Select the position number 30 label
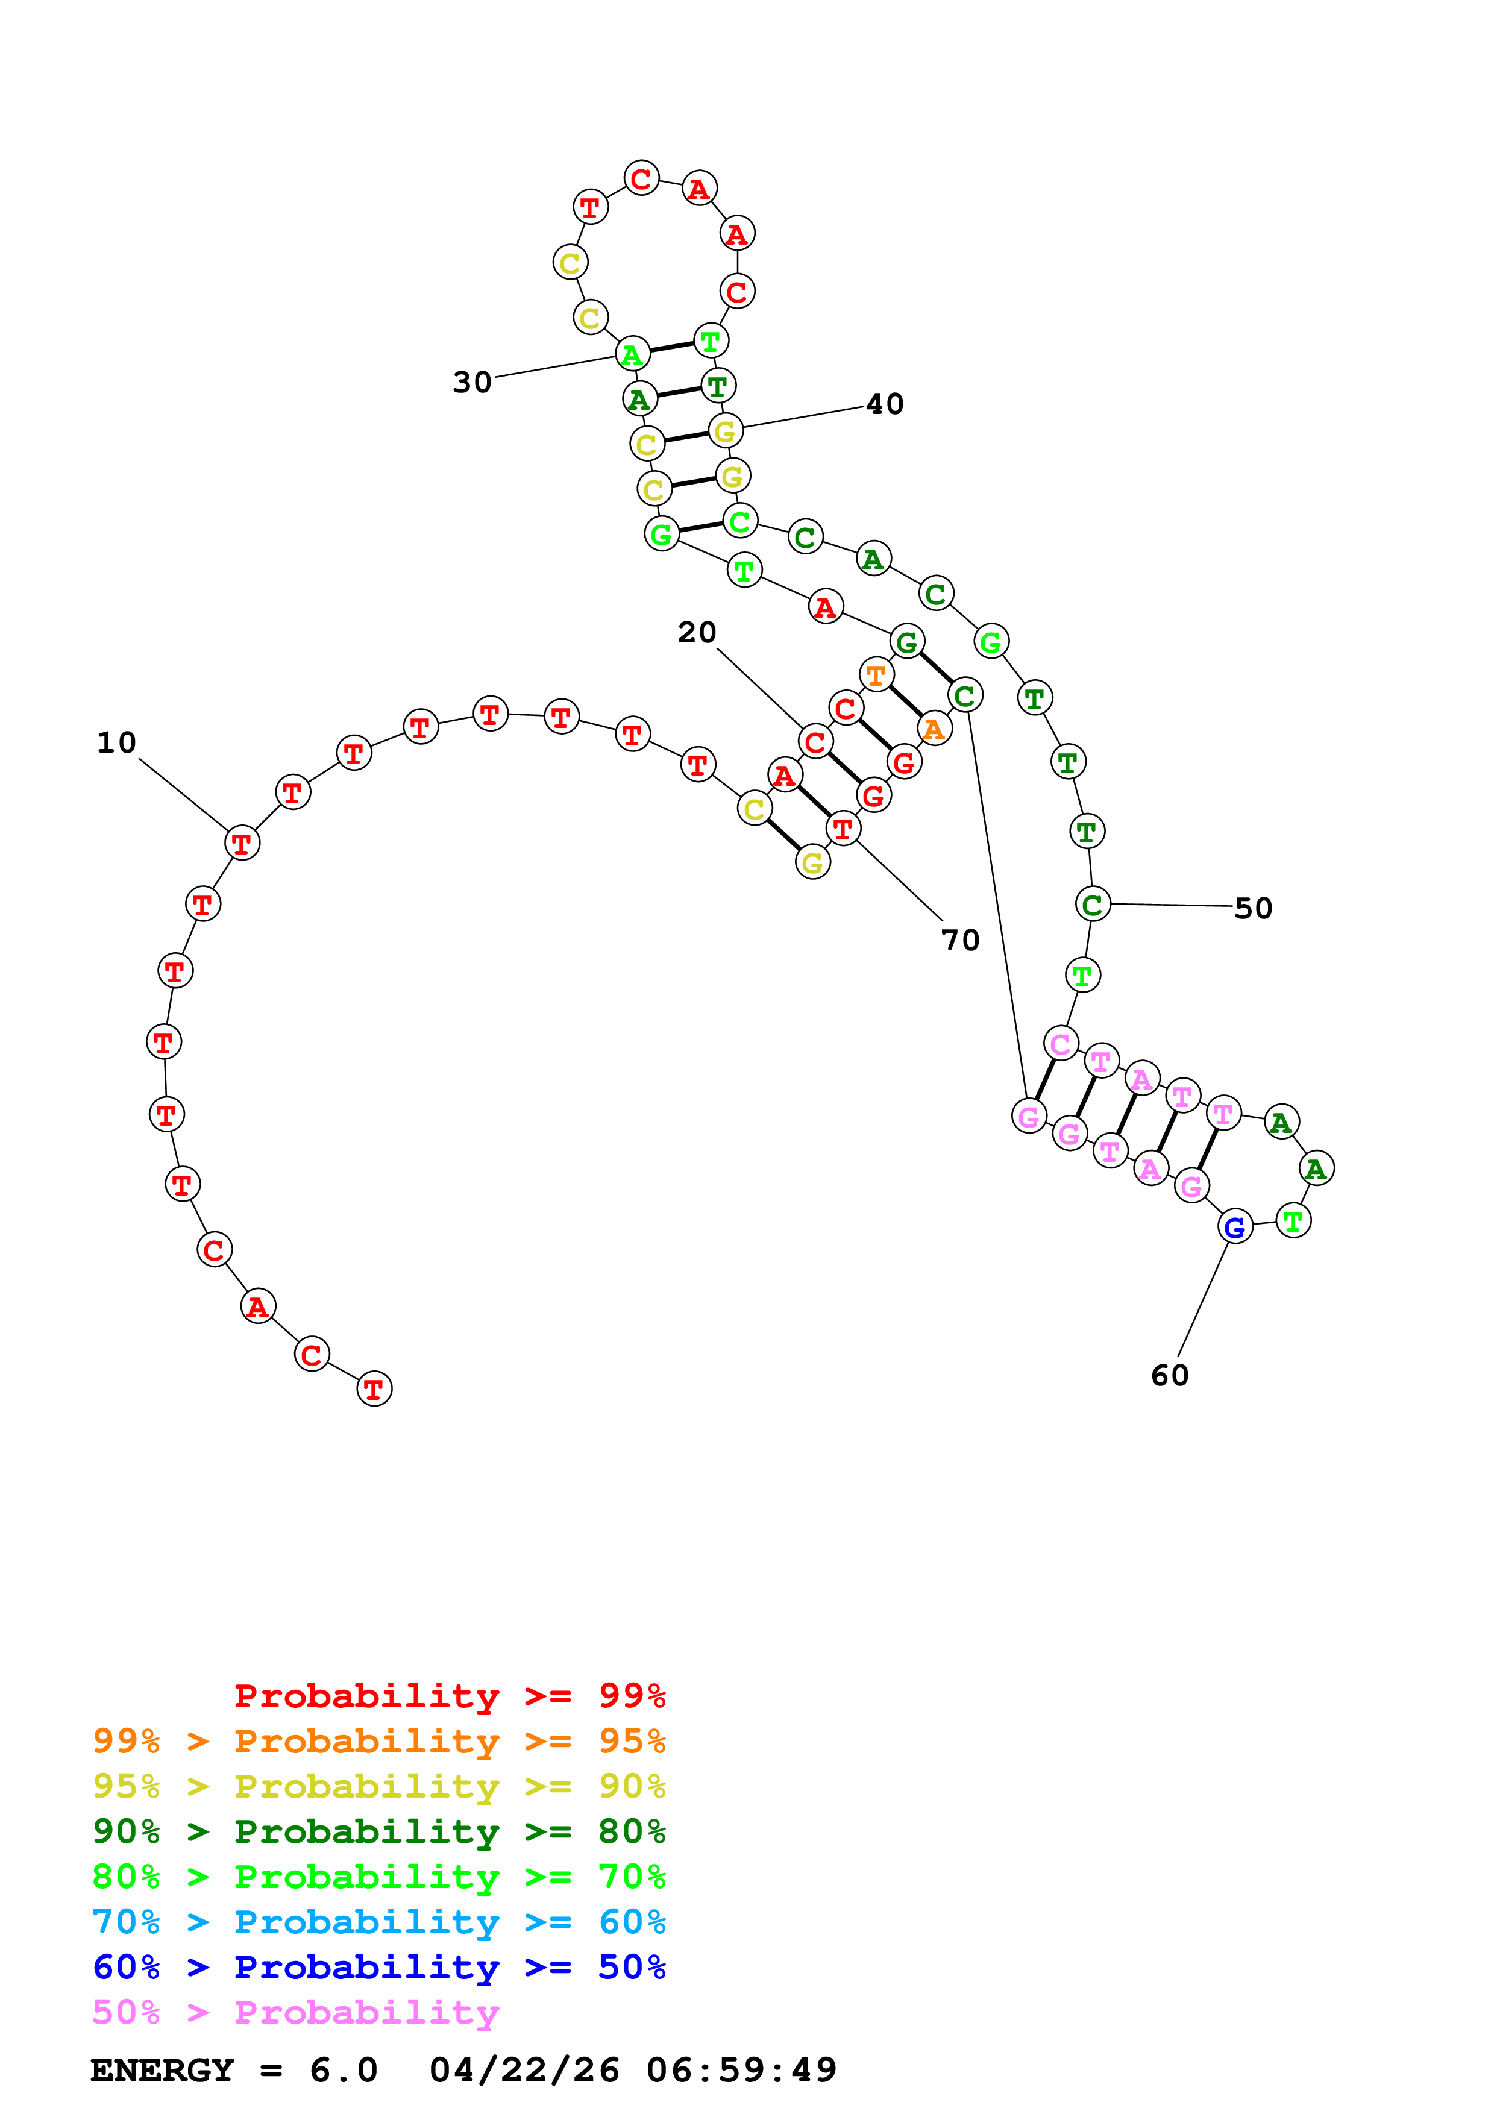click(x=472, y=381)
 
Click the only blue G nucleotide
click(x=1234, y=1226)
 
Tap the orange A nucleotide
click(x=934, y=729)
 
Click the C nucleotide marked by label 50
click(x=1093, y=904)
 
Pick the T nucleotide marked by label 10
click(x=242, y=842)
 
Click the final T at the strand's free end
click(x=374, y=1388)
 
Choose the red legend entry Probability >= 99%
click(x=449, y=1696)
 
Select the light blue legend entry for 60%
click(x=378, y=1922)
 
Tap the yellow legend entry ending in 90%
click(x=378, y=1786)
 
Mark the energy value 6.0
click(x=344, y=2070)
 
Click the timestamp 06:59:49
click(x=741, y=2070)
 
